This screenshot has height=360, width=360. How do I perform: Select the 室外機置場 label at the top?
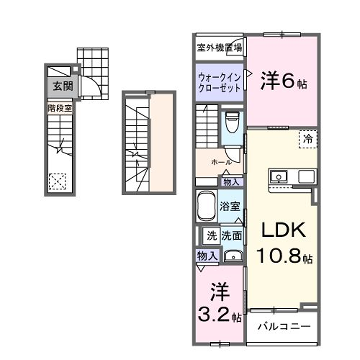coord(219,47)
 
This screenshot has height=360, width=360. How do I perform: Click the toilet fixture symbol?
coord(231,124)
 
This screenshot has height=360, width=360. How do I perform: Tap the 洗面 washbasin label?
coord(232,236)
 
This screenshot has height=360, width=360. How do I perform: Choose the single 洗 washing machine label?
coord(212,236)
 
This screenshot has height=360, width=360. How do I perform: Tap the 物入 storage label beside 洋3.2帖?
coord(207,257)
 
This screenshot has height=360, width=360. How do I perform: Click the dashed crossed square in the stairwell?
coord(58,182)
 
